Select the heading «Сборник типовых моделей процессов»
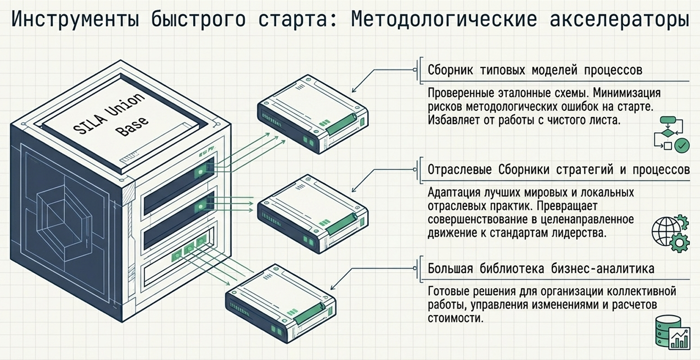[535, 70]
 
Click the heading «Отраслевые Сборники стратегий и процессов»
[558, 169]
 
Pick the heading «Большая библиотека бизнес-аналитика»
[541, 268]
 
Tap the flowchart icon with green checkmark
[670, 133]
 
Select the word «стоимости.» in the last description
[456, 318]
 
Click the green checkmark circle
[682, 145]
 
